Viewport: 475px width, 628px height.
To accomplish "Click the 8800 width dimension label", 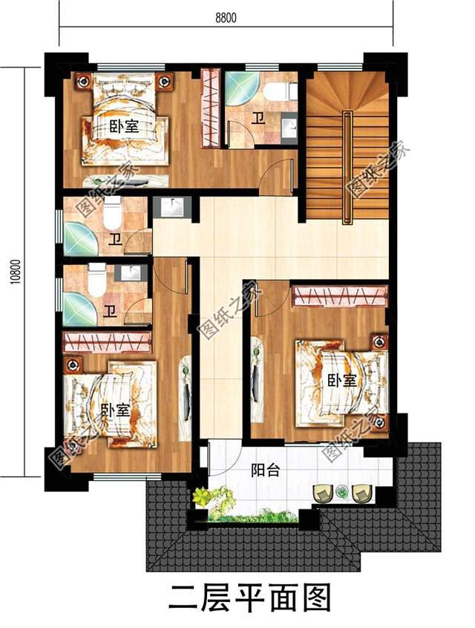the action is [226, 18].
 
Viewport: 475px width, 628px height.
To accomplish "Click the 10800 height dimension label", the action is [16, 272].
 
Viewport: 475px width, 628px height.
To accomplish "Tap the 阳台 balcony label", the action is [265, 470].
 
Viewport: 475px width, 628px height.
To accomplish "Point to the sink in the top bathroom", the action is [289, 128].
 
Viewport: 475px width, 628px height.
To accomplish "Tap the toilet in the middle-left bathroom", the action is [112, 212].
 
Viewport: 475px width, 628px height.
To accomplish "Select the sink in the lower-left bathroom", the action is [128, 272].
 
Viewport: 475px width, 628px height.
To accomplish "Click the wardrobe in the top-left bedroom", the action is [210, 108].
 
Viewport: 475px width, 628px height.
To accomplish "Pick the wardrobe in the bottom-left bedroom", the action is [107, 341].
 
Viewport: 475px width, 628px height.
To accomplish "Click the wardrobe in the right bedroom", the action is [340, 296].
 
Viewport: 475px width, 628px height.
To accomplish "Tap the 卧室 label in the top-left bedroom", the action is [124, 127].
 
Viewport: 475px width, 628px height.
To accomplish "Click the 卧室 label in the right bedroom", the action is [342, 380].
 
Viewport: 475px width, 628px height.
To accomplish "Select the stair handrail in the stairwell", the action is [347, 169].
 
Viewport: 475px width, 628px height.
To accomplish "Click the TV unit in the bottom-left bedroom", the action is [185, 398].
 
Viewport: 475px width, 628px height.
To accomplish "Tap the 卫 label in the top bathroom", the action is [257, 119].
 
